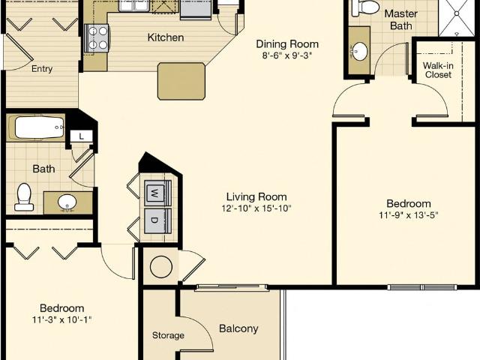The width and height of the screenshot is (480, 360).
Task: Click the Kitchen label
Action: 166,37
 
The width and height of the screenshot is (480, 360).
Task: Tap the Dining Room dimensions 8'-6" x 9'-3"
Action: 287,56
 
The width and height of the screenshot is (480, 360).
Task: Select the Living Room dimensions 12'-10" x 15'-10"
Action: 256,208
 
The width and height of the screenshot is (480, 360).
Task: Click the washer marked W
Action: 155,193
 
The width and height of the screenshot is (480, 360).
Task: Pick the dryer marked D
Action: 155,220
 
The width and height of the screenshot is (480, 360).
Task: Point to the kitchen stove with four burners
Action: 97,38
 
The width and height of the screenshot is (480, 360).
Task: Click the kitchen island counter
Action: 181,82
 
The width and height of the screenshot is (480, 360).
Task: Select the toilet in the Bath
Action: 24,196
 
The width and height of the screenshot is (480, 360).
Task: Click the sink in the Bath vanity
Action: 67,202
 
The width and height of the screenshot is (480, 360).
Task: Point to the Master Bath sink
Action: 359,51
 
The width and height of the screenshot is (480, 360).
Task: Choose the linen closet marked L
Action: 82,136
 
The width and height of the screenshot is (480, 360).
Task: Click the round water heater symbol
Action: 161,267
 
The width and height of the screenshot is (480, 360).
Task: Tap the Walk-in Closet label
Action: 438,70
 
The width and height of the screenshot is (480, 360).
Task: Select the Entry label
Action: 42,69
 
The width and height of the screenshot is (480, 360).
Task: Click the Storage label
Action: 168,335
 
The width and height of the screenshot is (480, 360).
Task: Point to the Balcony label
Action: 238,328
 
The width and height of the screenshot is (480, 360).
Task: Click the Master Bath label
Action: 401,19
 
